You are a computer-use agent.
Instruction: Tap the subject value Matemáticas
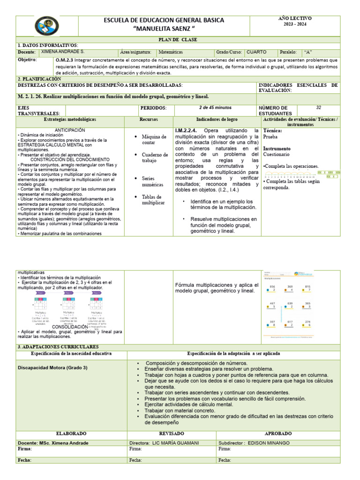tap(171, 52)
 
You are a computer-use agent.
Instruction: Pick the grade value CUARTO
tap(256, 52)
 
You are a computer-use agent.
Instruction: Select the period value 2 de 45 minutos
tap(216, 108)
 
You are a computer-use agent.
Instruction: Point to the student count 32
tap(319, 108)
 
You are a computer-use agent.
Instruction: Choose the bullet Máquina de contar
tap(155, 140)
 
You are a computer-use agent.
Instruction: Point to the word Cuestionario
tap(277, 154)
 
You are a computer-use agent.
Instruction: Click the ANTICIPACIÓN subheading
tap(70, 130)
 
